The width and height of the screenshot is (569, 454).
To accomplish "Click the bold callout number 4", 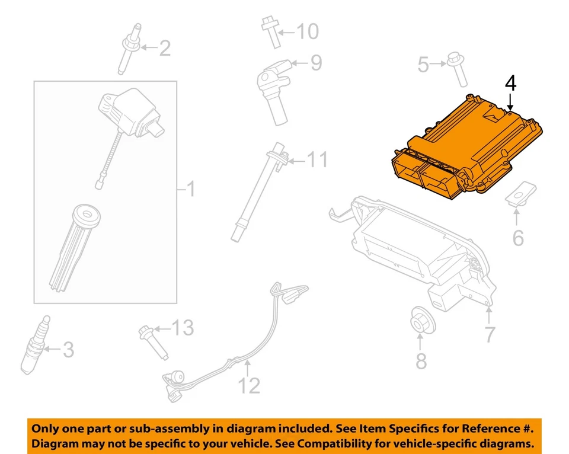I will click(x=510, y=84).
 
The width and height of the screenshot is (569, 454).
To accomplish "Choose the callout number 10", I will click(x=306, y=31).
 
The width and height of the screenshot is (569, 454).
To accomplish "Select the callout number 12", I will click(x=250, y=386).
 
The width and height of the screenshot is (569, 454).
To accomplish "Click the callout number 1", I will click(x=190, y=190).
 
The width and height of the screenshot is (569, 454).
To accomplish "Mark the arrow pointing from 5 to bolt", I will click(x=439, y=63).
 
